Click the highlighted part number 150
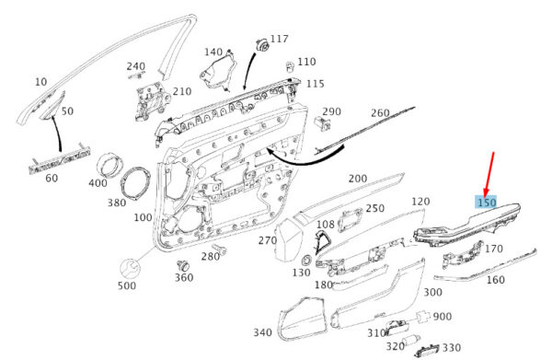[x=487, y=203]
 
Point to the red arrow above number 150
[x=489, y=174]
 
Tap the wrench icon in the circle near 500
[x=130, y=270]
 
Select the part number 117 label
[x=280, y=39]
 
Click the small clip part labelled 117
[x=262, y=45]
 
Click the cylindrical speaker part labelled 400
[x=111, y=166]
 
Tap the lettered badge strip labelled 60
[x=59, y=160]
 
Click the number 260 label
[x=380, y=113]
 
